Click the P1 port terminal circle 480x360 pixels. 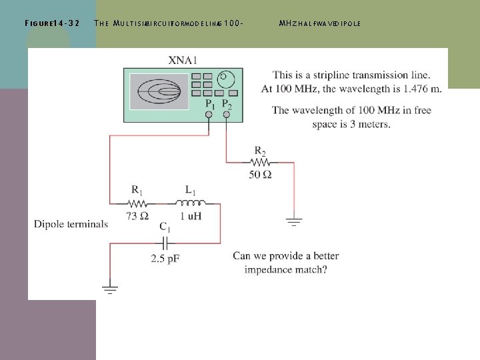[209, 114]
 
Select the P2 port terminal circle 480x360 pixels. [227, 114]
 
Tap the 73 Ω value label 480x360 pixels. [137, 215]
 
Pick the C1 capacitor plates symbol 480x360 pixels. [165, 244]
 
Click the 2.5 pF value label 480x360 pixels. [165, 258]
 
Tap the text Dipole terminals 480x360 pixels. [71, 224]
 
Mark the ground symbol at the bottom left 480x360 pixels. [110, 289]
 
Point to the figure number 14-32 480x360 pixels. [65, 23]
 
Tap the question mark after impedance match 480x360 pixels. [324, 270]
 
